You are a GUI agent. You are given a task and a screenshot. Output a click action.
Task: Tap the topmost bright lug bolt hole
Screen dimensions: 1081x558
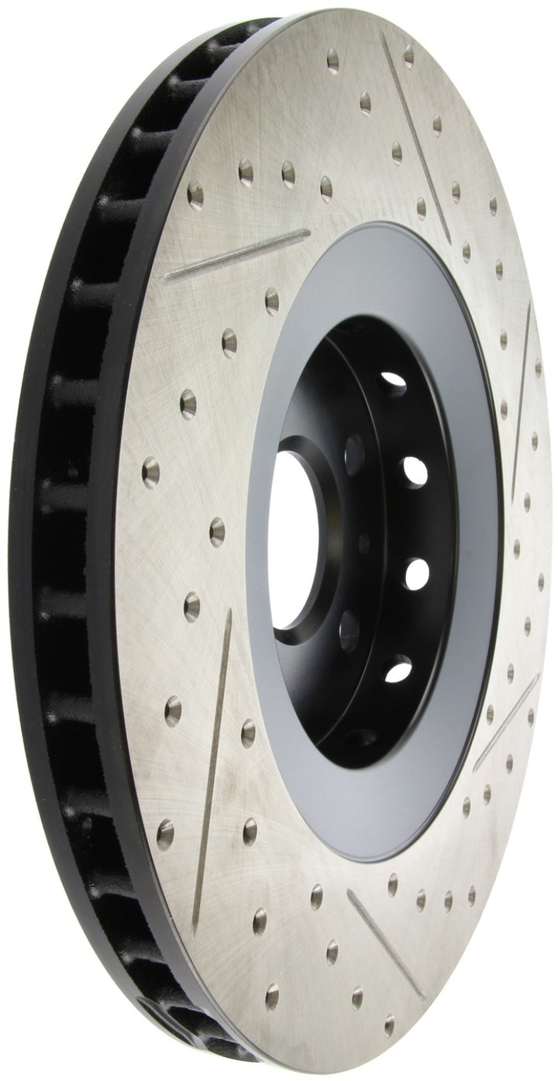coord(392,381)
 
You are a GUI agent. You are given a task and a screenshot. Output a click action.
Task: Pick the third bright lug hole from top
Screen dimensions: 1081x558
coord(415,574)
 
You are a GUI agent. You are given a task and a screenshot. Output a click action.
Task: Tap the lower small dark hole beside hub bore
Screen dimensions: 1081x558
coord(349,629)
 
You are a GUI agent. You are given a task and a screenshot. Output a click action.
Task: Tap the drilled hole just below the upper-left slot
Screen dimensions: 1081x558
coord(271,301)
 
